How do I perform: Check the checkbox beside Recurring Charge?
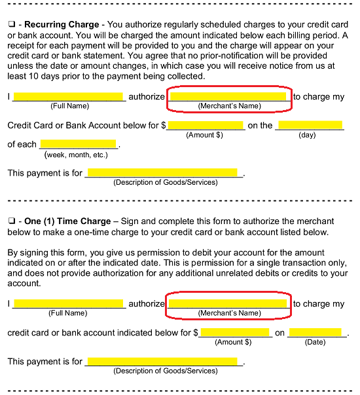pyautogui.click(x=11, y=24)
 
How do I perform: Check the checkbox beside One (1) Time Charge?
pyautogui.click(x=11, y=221)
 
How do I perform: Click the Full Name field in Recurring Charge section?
pyautogui.click(x=69, y=96)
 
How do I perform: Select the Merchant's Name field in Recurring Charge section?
pyautogui.click(x=228, y=96)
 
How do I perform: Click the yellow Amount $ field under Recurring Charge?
pyautogui.click(x=206, y=125)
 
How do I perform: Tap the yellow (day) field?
pyautogui.click(x=310, y=125)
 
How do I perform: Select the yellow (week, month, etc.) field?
pyautogui.click(x=78, y=144)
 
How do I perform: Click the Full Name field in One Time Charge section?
pyautogui.click(x=68, y=303)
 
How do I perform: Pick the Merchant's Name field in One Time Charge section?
pyautogui.click(x=228, y=303)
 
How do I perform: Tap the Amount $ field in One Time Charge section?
pyautogui.click(x=235, y=333)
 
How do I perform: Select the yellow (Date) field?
pyautogui.click(x=315, y=333)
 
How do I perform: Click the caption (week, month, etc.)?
pyautogui.click(x=76, y=155)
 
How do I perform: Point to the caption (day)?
pyautogui.click(x=307, y=135)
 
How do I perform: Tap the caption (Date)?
pyautogui.click(x=315, y=342)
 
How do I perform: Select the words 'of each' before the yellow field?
pyautogui.click(x=22, y=144)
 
